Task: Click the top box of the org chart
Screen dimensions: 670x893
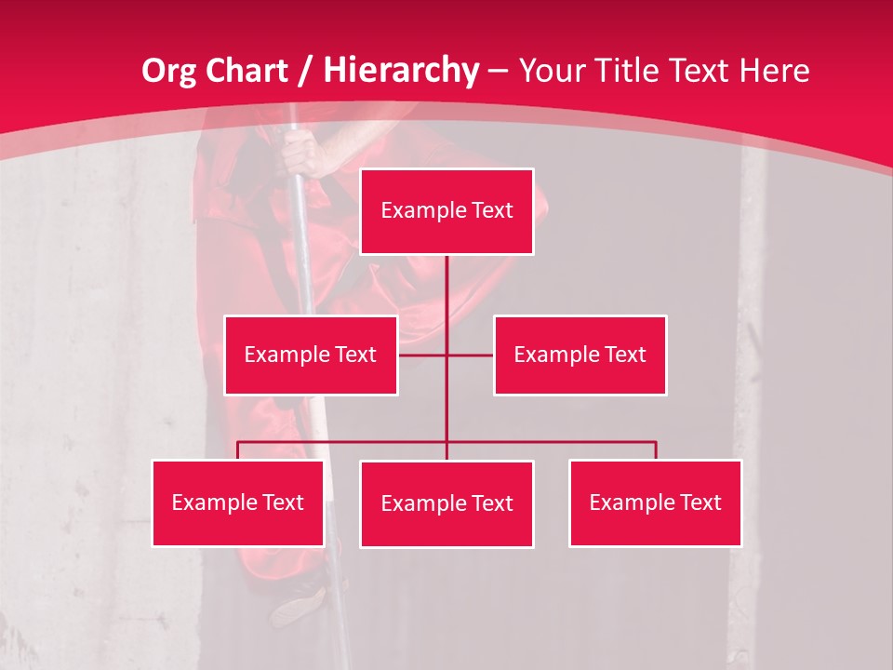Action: click(x=446, y=211)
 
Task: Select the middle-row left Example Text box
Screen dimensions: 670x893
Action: click(x=311, y=355)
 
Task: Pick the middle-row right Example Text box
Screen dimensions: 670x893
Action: click(x=580, y=355)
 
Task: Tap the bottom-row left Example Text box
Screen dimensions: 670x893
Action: click(x=238, y=503)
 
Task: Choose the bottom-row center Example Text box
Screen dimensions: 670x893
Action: click(x=446, y=504)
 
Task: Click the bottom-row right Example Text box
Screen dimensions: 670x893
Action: click(x=655, y=503)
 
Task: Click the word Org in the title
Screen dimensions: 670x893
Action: click(x=170, y=71)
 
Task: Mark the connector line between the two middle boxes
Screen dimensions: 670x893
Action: click(x=446, y=355)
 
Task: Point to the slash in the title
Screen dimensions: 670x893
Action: click(x=308, y=71)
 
